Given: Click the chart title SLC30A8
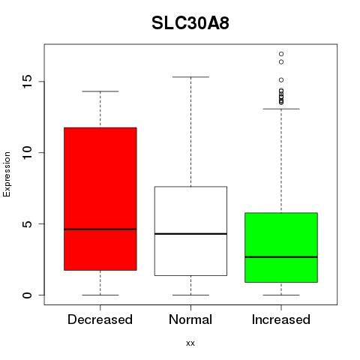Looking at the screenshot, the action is [x=190, y=23].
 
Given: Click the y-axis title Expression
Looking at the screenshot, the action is [x=7, y=175].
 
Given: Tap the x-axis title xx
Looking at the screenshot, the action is [x=190, y=343].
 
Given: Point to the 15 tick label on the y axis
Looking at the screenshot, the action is [x=27, y=82].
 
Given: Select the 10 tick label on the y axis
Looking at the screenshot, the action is [x=27, y=153].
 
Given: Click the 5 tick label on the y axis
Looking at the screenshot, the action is [x=27, y=223].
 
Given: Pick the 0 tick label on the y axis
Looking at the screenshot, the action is [x=27, y=295].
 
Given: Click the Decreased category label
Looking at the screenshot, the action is [x=100, y=319].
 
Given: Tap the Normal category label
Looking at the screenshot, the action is [x=190, y=319].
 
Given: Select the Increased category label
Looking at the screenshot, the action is [x=281, y=319].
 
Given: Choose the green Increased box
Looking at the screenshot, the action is [x=281, y=247].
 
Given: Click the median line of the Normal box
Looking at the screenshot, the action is [x=190, y=234].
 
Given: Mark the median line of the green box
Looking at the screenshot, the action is [x=281, y=256].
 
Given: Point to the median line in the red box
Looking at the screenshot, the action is [x=100, y=229].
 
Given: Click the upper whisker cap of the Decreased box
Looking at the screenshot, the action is [x=100, y=91].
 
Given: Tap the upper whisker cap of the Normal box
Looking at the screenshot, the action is [x=190, y=77].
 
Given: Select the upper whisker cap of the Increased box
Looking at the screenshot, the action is [x=281, y=109].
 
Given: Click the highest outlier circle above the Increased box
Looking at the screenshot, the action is [x=281, y=54].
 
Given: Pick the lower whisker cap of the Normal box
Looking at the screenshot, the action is [x=190, y=295].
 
